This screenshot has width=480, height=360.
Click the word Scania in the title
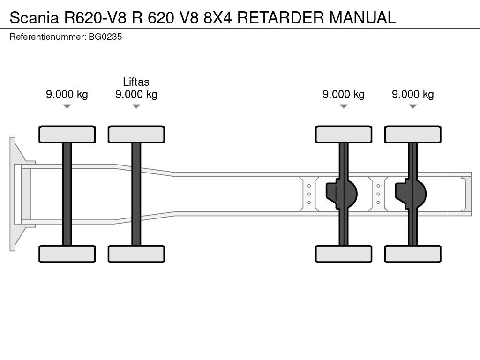pyautogui.click(x=32, y=17)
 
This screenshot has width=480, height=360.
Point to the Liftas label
pyautogui.click(x=136, y=82)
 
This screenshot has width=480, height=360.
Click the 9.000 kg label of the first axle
pyautogui.click(x=67, y=94)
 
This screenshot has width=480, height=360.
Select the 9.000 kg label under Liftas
pyautogui.click(x=136, y=94)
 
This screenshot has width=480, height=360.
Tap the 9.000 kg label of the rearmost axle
pyautogui.click(x=412, y=94)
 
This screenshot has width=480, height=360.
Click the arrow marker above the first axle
pyautogui.click(x=67, y=106)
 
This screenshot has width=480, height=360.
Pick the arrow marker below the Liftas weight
pyautogui.click(x=136, y=106)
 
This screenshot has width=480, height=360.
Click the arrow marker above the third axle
pyautogui.click(x=344, y=106)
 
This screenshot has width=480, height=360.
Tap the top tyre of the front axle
pyautogui.click(x=67, y=134)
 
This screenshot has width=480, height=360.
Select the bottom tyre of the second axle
pyautogui.click(x=136, y=254)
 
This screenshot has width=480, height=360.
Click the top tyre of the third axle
pyautogui.click(x=344, y=134)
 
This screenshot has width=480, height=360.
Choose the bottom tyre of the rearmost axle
pyautogui.click(x=412, y=254)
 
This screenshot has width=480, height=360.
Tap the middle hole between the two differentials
pyautogui.click(x=378, y=194)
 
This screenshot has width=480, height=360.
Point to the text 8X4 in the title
pyautogui.click(x=217, y=17)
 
